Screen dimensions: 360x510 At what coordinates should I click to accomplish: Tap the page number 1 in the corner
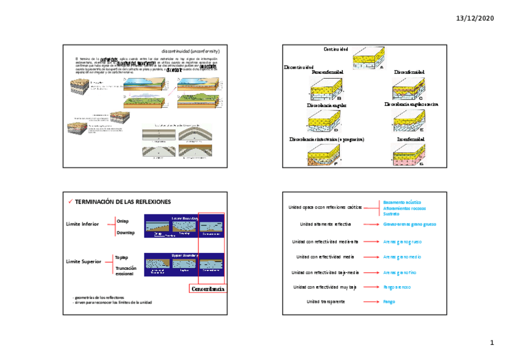[x=491, y=343]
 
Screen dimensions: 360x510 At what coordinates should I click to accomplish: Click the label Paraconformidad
[x=328, y=72]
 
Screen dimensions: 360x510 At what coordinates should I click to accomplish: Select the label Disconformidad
[x=409, y=72]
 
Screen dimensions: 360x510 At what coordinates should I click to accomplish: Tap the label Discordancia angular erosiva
[x=411, y=105]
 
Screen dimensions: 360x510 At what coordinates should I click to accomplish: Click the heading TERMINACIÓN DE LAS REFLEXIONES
[x=123, y=201]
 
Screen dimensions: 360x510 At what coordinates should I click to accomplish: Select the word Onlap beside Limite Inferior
[x=122, y=221]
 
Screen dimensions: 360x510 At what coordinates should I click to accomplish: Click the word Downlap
[x=125, y=232]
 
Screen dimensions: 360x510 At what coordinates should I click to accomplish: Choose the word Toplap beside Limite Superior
[x=121, y=257]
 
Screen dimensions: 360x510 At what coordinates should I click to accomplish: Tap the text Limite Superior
[x=84, y=262]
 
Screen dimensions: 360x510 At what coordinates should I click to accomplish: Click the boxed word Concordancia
[x=207, y=290]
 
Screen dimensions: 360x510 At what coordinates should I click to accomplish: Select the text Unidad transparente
[x=325, y=301]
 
